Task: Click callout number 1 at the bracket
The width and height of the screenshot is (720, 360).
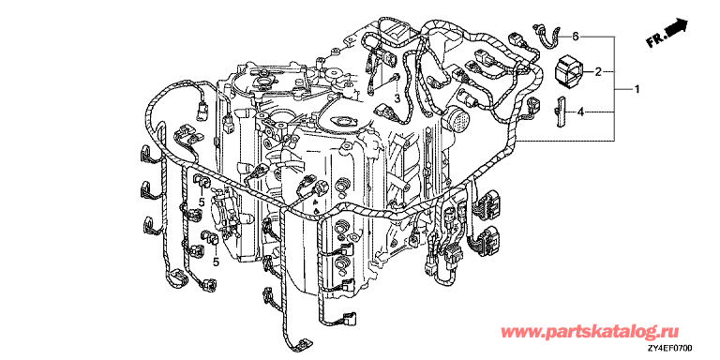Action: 637,90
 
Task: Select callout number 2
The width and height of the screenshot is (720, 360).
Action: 598,71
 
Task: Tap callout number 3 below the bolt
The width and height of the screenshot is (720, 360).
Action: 398,97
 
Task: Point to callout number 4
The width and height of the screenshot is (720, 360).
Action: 580,112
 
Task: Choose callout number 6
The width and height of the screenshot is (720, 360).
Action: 576,37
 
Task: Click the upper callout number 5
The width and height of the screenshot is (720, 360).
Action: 201,202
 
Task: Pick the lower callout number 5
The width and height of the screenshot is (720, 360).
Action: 216,262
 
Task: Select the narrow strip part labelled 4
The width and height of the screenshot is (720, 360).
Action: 561,112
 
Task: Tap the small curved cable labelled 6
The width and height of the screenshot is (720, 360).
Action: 549,36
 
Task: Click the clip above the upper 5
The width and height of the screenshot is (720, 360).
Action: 202,181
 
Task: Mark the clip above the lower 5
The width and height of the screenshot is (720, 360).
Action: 209,238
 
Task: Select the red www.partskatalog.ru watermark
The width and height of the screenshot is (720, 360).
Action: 590,332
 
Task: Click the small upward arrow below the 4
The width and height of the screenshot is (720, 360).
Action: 316,210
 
